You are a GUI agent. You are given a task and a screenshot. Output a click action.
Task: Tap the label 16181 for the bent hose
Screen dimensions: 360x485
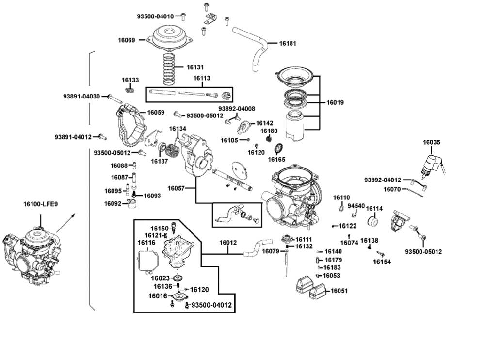288,43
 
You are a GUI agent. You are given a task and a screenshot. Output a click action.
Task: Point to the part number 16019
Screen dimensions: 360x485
335,102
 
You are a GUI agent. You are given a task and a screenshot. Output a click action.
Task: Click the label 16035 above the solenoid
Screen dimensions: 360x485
432,142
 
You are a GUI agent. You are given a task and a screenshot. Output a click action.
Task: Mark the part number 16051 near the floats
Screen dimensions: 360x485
339,291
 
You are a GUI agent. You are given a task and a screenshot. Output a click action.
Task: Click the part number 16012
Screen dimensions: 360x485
228,242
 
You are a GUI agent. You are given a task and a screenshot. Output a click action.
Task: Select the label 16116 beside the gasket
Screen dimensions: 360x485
146,242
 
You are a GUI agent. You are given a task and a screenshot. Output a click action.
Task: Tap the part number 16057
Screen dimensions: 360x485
177,188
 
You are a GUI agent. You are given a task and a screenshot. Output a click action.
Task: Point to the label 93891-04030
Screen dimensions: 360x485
81,96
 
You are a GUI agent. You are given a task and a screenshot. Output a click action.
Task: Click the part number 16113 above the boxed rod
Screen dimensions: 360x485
201,78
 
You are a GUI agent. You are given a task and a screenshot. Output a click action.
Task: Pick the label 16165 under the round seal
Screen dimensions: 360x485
277,159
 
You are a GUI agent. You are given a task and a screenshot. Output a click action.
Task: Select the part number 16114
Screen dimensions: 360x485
374,208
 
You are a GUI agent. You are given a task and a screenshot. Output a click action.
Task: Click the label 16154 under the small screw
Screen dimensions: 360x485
382,262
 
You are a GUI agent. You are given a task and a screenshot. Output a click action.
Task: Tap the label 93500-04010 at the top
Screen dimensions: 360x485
155,16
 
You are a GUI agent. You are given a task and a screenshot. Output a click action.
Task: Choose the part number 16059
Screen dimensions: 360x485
156,112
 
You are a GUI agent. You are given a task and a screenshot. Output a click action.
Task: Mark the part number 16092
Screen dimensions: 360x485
113,203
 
